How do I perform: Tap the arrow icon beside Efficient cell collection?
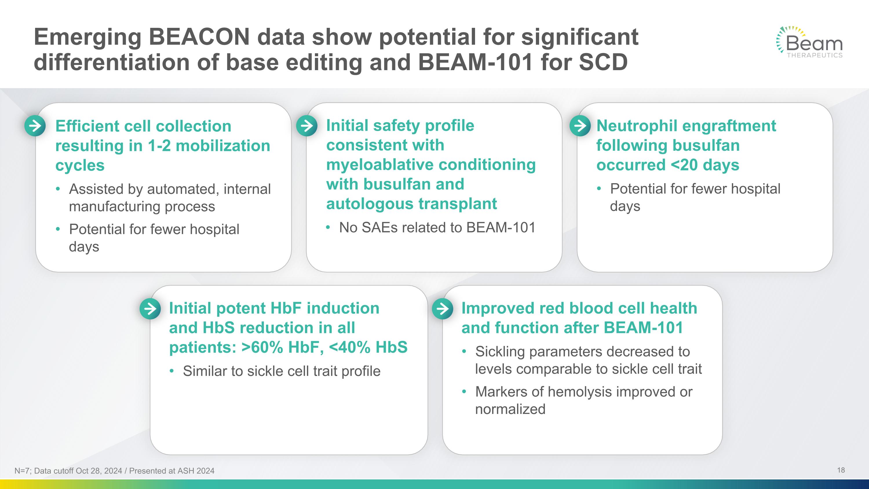tap(35, 126)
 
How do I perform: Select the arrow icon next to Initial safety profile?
tap(307, 126)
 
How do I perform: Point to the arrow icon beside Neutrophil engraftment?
tap(580, 126)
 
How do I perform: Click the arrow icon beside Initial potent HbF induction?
tap(150, 308)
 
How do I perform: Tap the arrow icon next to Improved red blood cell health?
tap(442, 308)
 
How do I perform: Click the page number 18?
tap(841, 470)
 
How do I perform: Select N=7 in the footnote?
tap(22, 471)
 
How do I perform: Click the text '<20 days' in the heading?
tap(705, 165)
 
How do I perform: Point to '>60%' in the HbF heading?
tap(262, 347)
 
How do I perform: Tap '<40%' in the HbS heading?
tap(349, 347)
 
